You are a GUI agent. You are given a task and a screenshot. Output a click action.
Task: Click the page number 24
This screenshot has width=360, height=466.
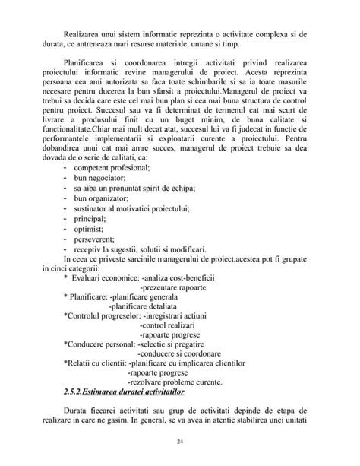pos(179,441)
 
